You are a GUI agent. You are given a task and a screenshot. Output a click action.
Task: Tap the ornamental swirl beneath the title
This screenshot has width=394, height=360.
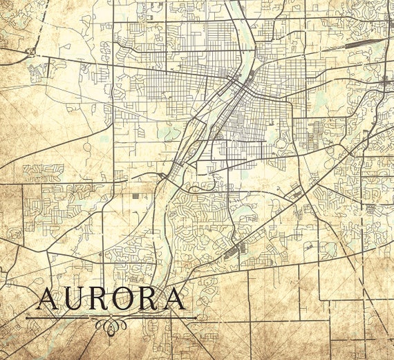(111, 324)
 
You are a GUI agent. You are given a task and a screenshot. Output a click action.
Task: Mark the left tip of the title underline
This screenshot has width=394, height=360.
(27, 318)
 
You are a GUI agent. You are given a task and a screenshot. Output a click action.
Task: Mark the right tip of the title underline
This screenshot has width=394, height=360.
(196, 318)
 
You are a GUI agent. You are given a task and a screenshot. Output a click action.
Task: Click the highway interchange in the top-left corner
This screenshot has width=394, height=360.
(30, 51)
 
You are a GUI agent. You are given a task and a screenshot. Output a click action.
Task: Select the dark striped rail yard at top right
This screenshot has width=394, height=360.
(356, 44)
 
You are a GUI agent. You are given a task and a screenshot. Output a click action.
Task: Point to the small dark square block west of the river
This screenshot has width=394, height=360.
(135, 196)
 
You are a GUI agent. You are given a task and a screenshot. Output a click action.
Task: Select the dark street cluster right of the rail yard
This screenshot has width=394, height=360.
(385, 82)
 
